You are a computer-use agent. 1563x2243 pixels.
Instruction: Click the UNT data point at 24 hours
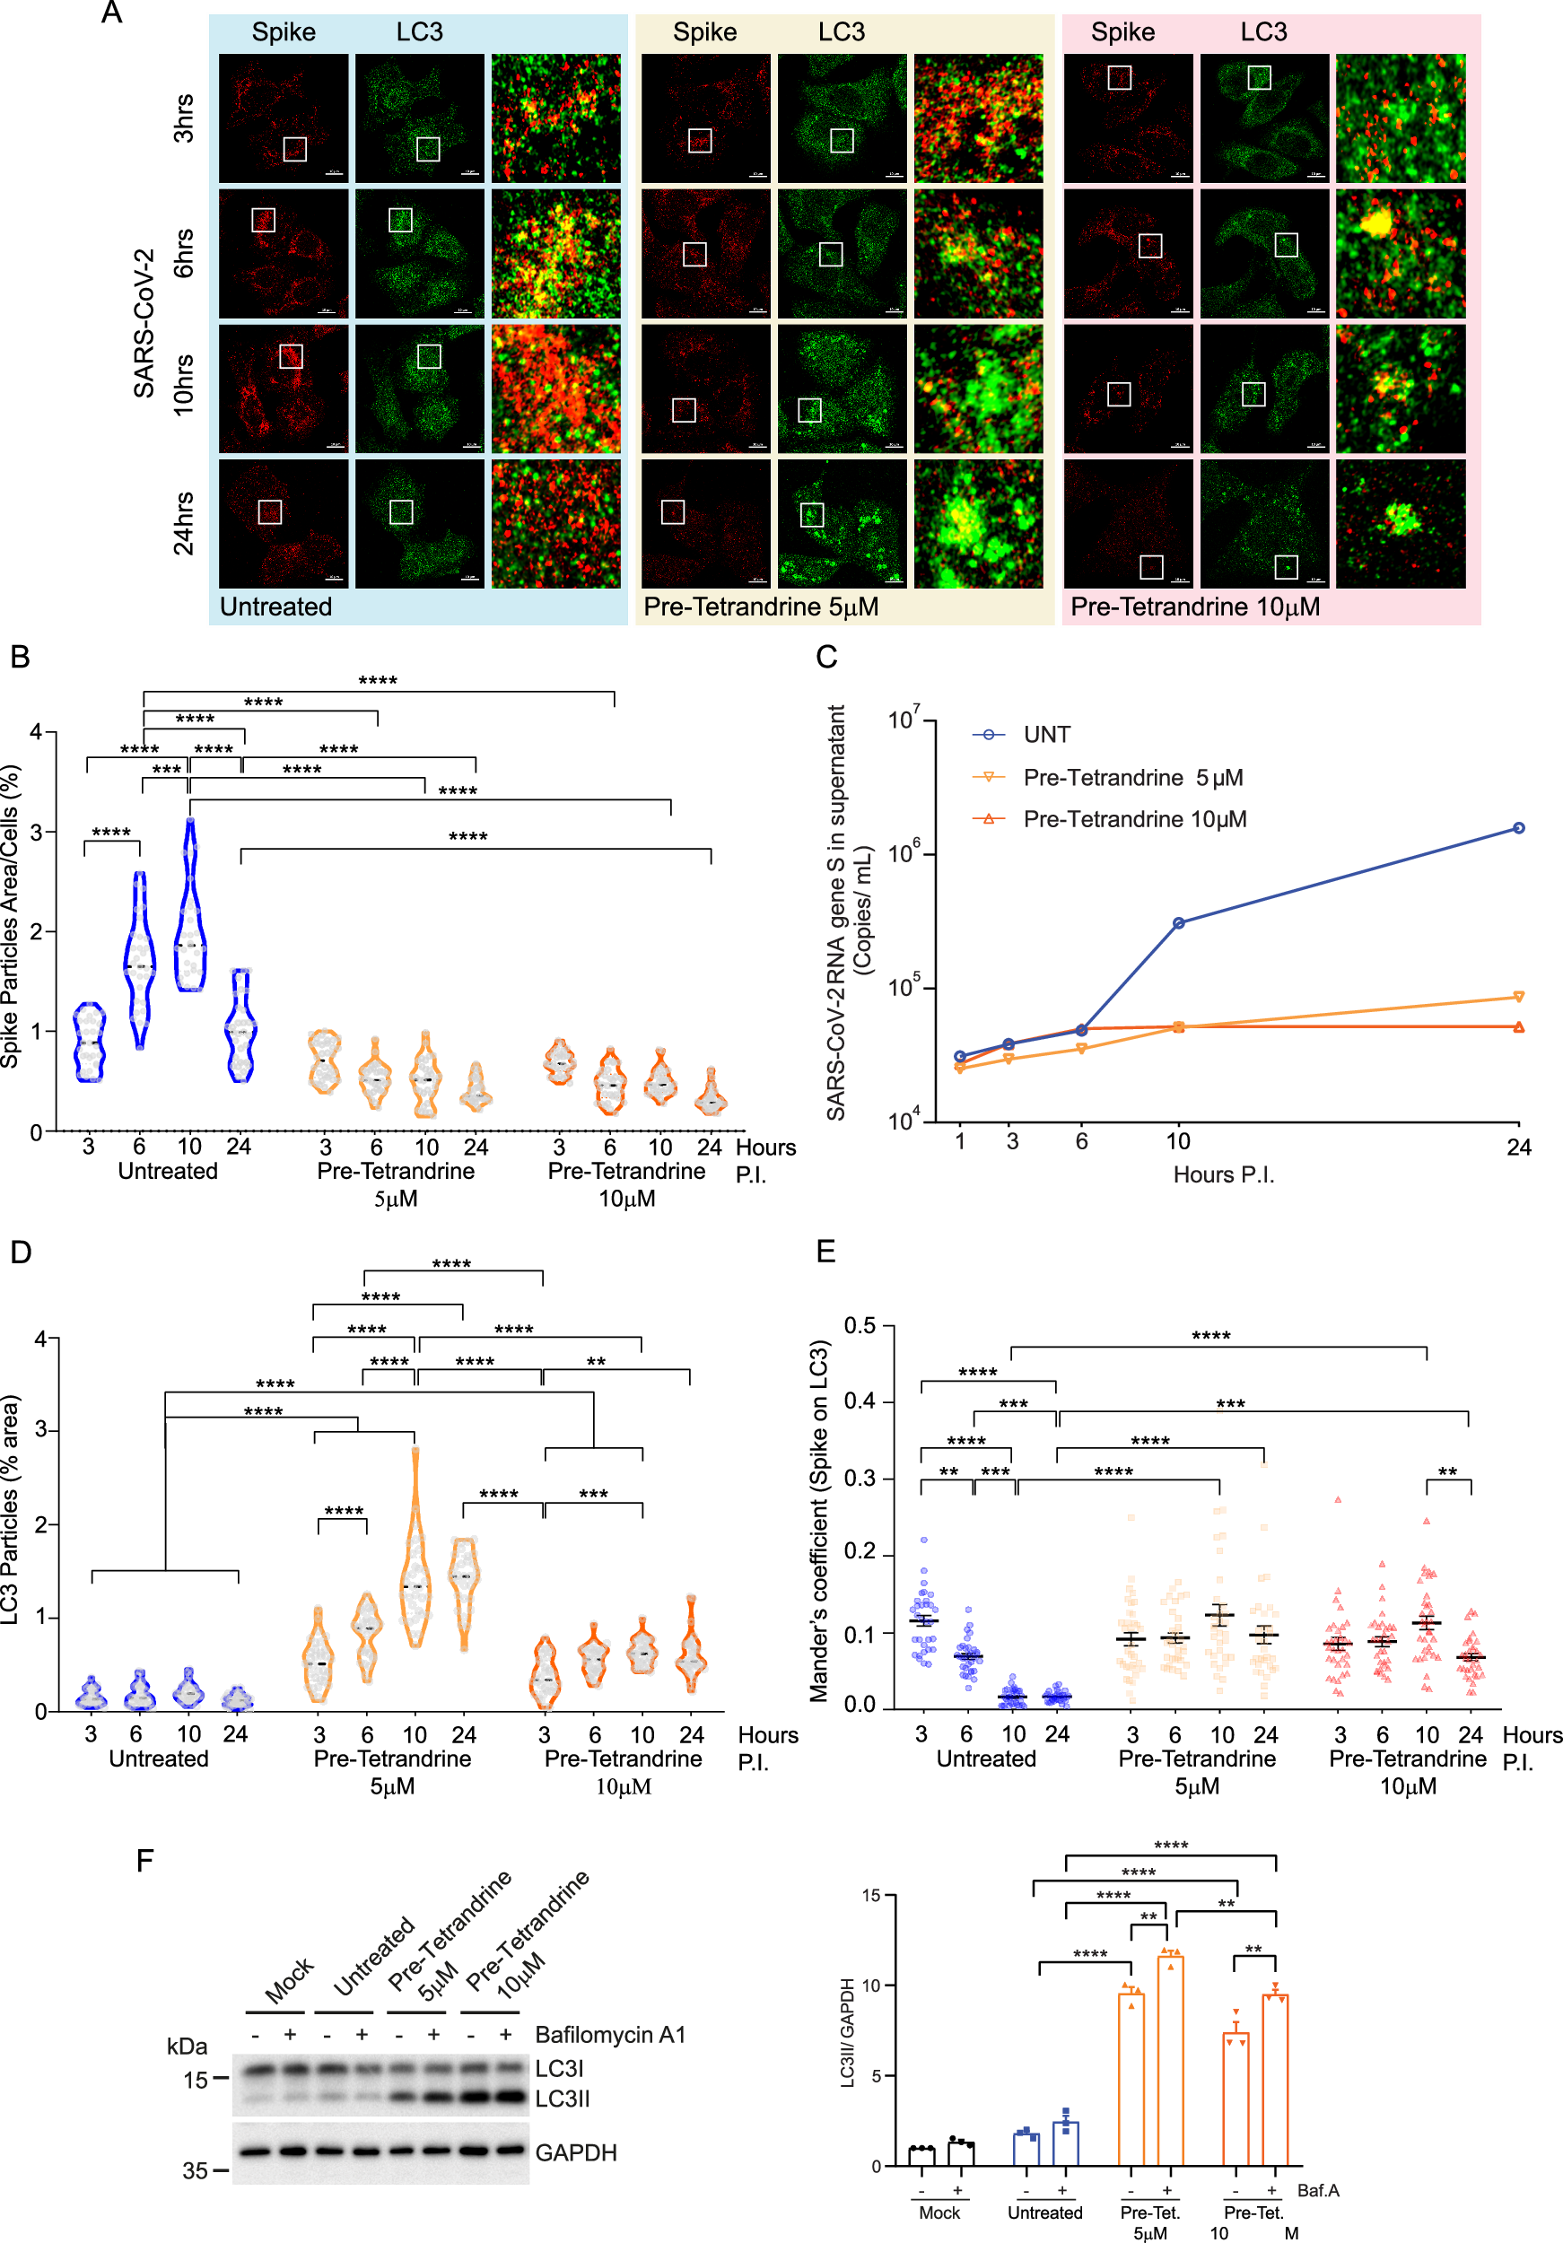(x=1518, y=827)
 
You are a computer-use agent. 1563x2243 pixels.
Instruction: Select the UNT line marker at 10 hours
(x=1178, y=922)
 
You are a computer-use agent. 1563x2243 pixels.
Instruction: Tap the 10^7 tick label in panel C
(x=904, y=720)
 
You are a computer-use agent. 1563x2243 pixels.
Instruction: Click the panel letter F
(x=144, y=1860)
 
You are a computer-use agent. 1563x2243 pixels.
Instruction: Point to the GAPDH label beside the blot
(x=575, y=2152)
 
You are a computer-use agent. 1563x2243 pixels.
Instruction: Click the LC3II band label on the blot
(x=563, y=2099)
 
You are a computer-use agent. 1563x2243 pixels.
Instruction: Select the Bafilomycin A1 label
(x=609, y=2034)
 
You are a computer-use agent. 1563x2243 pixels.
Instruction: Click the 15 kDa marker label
(x=196, y=2080)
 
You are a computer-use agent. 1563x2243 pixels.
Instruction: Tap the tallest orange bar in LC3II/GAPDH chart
(x=1169, y=2061)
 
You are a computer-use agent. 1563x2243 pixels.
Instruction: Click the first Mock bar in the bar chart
(x=921, y=2157)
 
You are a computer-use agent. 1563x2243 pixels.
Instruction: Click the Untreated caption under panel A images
(x=275, y=607)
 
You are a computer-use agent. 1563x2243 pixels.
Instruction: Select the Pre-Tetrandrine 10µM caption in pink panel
(x=1195, y=607)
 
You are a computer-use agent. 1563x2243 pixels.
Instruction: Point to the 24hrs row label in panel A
(x=184, y=524)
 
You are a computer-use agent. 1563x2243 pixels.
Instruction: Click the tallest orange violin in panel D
(x=415, y=1553)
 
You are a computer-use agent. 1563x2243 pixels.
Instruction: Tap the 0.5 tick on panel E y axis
(x=860, y=1326)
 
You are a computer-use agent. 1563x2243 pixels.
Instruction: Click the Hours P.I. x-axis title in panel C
(x=1223, y=1174)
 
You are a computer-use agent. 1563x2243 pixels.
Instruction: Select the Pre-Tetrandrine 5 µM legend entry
(x=1132, y=778)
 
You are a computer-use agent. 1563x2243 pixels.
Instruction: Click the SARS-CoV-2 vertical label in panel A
(x=144, y=322)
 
